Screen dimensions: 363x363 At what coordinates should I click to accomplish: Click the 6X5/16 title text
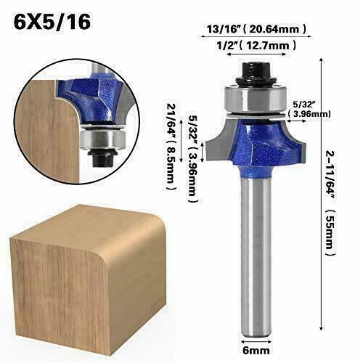click(x=52, y=22)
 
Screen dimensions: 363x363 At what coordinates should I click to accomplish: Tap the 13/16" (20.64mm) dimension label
click(x=256, y=29)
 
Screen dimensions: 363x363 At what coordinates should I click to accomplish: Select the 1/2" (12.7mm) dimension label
click(x=256, y=45)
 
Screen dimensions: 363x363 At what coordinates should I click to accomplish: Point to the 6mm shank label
click(x=256, y=350)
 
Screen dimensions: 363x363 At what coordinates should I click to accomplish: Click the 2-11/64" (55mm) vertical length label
click(x=330, y=203)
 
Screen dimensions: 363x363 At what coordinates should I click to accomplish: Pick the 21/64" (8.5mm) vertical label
click(x=171, y=147)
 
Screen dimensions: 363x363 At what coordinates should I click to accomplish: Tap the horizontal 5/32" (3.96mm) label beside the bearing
click(x=309, y=110)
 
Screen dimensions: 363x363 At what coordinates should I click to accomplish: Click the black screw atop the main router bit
click(x=256, y=73)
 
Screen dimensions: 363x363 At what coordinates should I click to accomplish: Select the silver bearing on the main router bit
click(x=256, y=98)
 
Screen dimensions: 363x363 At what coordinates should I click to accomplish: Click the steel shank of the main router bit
click(x=256, y=254)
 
